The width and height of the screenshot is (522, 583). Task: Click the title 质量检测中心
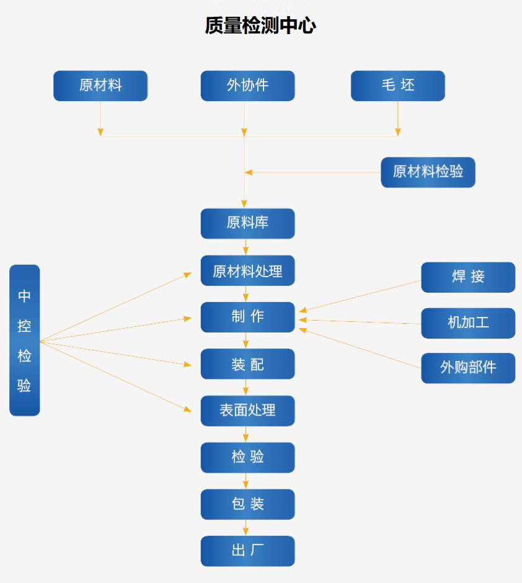[260, 26]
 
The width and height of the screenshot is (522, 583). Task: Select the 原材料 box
[100, 86]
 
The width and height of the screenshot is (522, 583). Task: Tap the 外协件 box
[247, 86]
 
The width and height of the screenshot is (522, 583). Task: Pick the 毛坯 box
[397, 86]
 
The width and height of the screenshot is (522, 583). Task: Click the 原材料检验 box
[428, 172]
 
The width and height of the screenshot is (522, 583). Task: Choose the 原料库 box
[247, 223]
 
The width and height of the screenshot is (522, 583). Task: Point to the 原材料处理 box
[247, 270]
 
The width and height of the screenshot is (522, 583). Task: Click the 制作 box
[247, 317]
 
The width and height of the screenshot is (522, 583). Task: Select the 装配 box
[247, 364]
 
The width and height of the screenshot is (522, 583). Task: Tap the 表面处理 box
[247, 411]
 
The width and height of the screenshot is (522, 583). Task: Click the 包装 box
[247, 504]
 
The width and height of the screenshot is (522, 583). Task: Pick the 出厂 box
[247, 551]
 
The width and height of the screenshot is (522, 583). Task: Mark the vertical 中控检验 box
[25, 340]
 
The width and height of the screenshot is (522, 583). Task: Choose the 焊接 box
[468, 277]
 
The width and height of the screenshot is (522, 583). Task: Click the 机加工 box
[468, 323]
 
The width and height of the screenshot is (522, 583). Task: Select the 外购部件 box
[468, 368]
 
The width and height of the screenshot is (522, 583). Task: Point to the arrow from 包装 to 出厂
[246, 528]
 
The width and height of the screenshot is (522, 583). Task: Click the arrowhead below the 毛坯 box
[397, 131]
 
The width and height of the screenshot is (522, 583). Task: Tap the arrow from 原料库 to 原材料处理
[246, 247]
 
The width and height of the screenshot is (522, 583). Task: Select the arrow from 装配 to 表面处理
[246, 388]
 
